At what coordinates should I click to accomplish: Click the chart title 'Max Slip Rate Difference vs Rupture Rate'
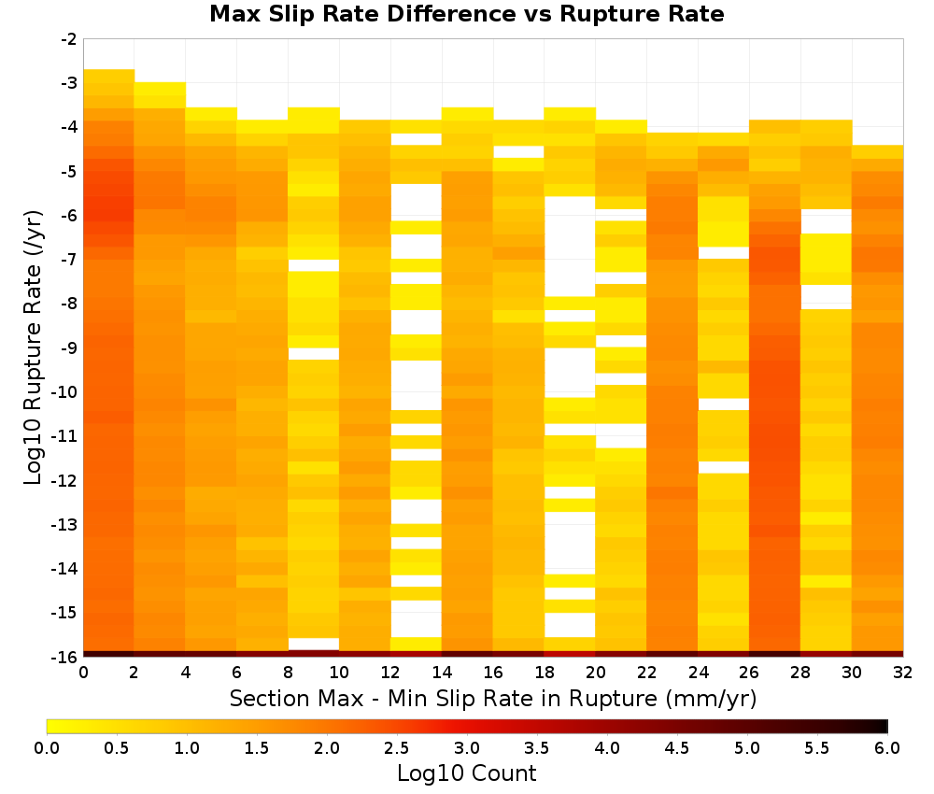coord(466,14)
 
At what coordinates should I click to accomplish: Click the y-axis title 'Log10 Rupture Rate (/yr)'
coord(34,347)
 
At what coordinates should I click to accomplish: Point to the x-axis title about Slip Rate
coord(493,699)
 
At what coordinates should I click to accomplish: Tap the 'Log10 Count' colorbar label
coord(466,773)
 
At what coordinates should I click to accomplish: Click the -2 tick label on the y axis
coord(69,39)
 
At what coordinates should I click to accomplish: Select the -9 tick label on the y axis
coord(69,347)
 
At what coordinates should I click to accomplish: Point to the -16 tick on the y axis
coord(65,657)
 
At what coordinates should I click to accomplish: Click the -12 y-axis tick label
coord(65,480)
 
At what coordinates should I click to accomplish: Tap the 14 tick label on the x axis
coord(442,673)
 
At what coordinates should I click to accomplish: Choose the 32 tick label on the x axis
coord(903,673)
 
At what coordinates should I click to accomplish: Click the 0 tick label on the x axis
coord(83,673)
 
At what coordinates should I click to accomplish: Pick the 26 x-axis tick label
coord(749,673)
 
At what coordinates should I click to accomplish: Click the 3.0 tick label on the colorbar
coord(467,748)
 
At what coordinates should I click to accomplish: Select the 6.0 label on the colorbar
coord(887,748)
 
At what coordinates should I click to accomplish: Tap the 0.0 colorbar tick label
coord(47,748)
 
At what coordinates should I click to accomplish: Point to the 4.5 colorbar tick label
coord(677,748)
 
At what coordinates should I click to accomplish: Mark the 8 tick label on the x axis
coord(288,673)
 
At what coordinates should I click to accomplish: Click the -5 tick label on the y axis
coord(69,172)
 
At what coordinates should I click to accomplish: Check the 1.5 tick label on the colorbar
coord(257,748)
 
